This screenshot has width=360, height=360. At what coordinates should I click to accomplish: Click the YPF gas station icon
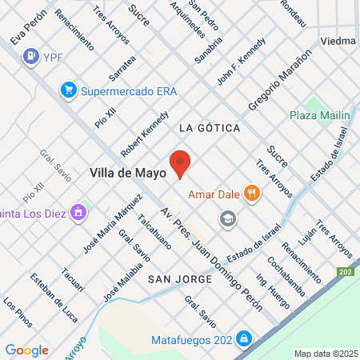pyautogui.click(x=31, y=55)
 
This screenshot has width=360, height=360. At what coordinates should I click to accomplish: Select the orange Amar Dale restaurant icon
pyautogui.click(x=252, y=192)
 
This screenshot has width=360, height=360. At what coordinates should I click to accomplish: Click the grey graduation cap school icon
pyautogui.click(x=228, y=218)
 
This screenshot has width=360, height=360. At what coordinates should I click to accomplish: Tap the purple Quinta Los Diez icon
pyautogui.click(x=78, y=212)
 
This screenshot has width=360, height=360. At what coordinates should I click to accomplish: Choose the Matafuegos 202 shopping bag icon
pyautogui.click(x=243, y=339)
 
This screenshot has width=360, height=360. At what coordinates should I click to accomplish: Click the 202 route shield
pyautogui.click(x=345, y=272)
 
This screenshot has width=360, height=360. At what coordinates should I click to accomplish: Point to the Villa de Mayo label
pyautogui.click(x=128, y=173)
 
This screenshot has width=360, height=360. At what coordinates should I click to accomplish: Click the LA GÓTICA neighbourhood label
pyautogui.click(x=210, y=127)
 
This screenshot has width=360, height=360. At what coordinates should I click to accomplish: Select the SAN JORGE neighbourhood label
pyautogui.click(x=180, y=278)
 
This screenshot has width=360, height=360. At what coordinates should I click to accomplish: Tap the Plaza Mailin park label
pyautogui.click(x=320, y=116)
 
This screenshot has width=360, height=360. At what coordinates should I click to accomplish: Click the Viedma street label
pyautogui.click(x=336, y=39)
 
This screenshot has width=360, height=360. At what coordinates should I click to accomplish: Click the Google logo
pyautogui.click(x=26, y=350)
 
